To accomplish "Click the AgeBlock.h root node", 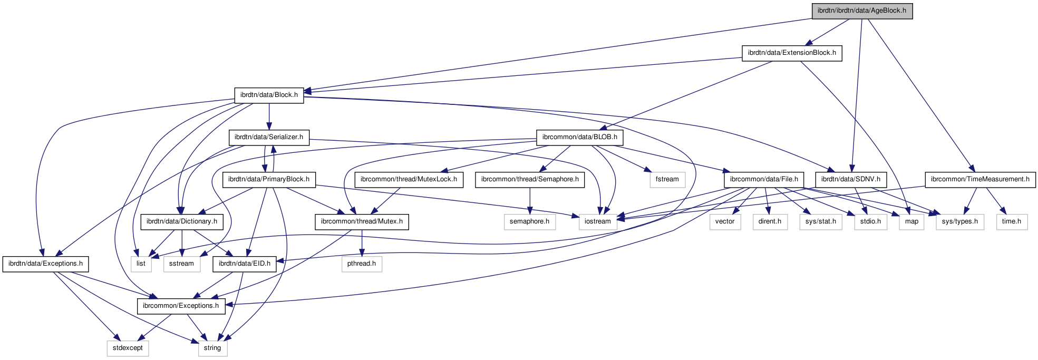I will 861,11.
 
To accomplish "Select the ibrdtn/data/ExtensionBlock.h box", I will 791,53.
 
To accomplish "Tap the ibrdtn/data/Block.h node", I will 269,95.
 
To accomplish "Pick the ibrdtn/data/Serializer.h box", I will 269,137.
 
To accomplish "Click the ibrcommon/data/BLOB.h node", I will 579,137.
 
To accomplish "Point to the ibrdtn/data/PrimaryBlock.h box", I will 269,179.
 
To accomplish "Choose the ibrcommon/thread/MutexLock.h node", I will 409,179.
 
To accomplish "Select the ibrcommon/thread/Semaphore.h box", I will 530,179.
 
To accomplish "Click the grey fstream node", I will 667,179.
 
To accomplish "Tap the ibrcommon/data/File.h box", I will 764,179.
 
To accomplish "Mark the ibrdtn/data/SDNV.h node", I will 850,179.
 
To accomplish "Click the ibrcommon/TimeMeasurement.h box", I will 980,179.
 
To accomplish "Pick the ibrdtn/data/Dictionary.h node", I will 182,221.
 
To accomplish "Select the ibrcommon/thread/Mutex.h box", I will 362,221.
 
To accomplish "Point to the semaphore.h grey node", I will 529,221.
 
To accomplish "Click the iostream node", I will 598,221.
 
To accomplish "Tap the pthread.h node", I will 362,264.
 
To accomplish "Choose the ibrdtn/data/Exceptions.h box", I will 45,264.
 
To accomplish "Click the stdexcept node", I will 128,348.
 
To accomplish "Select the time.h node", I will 1011,221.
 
